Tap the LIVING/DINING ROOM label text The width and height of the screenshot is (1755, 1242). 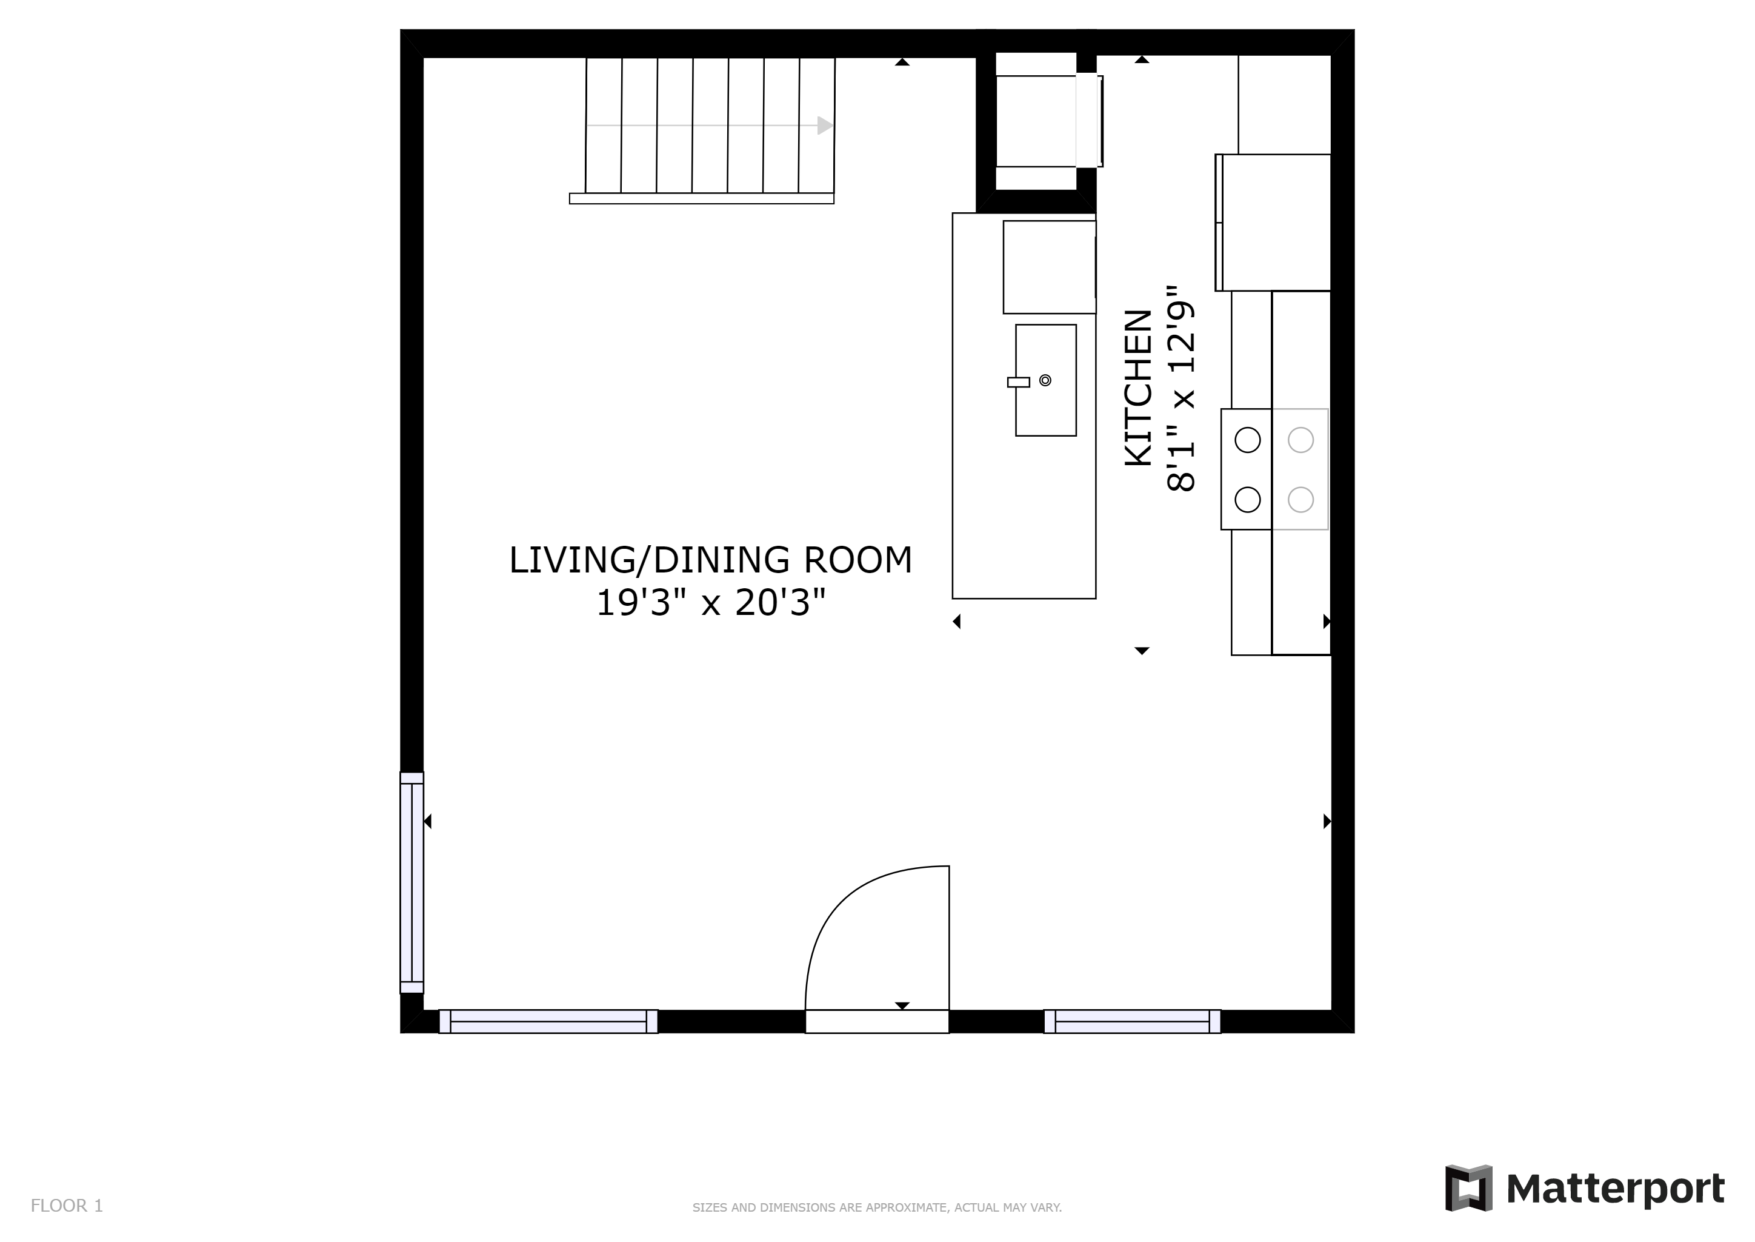(x=711, y=560)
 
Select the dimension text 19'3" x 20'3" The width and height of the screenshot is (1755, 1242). (x=711, y=603)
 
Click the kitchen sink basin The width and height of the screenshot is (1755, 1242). (x=1045, y=380)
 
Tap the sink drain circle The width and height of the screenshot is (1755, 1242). (x=1045, y=380)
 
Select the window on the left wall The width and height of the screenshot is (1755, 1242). (x=411, y=882)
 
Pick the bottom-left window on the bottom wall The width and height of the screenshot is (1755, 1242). (x=548, y=1021)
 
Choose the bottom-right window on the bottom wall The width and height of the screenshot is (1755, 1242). (x=1132, y=1021)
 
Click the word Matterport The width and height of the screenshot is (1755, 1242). (x=1615, y=1189)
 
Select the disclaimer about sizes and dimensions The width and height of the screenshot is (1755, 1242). (x=877, y=1207)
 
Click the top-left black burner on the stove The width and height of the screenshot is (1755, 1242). (x=1247, y=440)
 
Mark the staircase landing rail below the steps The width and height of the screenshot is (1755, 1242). (x=702, y=199)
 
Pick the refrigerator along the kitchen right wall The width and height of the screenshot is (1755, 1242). (x=1273, y=223)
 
